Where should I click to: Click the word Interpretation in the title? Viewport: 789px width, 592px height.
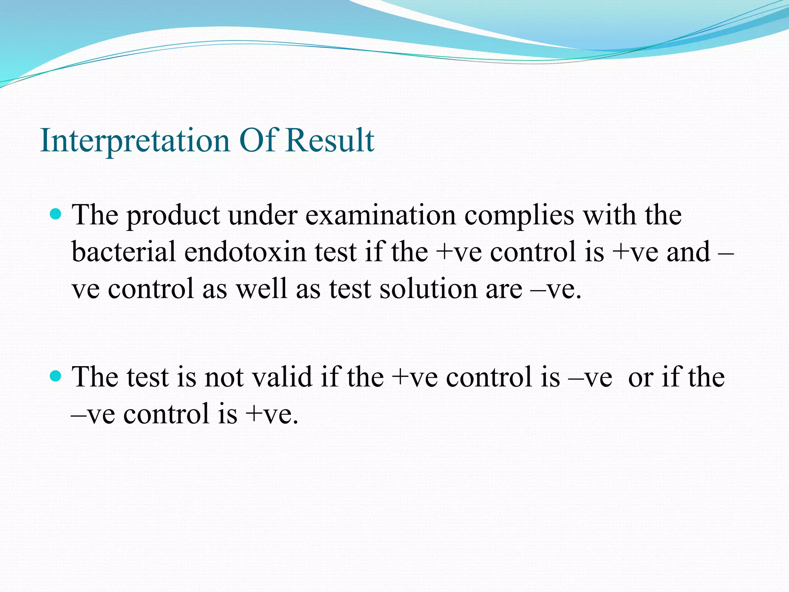pyautogui.click(x=135, y=141)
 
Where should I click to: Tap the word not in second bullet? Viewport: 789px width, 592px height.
pyautogui.click(x=224, y=377)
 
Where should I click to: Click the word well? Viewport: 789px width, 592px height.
pyautogui.click(x=262, y=289)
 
